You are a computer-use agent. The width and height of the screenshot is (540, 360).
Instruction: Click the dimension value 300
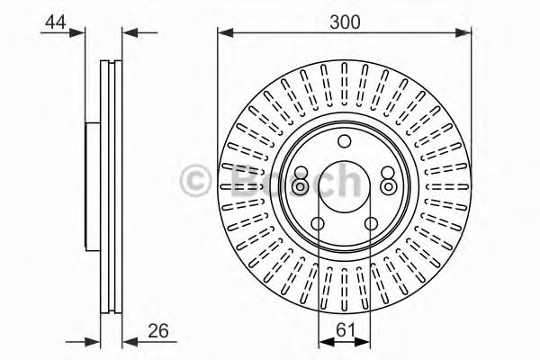[343, 20]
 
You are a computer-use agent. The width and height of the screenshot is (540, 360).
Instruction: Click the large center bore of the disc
[345, 185]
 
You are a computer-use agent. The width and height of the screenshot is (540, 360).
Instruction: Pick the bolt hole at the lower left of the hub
[319, 226]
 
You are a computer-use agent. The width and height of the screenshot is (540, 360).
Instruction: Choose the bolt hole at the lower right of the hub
[372, 226]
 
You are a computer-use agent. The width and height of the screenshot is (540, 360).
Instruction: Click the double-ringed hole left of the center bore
[301, 185]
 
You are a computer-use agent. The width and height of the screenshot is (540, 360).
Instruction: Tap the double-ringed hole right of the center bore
[388, 185]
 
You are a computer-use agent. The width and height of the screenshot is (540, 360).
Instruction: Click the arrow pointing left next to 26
[127, 340]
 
